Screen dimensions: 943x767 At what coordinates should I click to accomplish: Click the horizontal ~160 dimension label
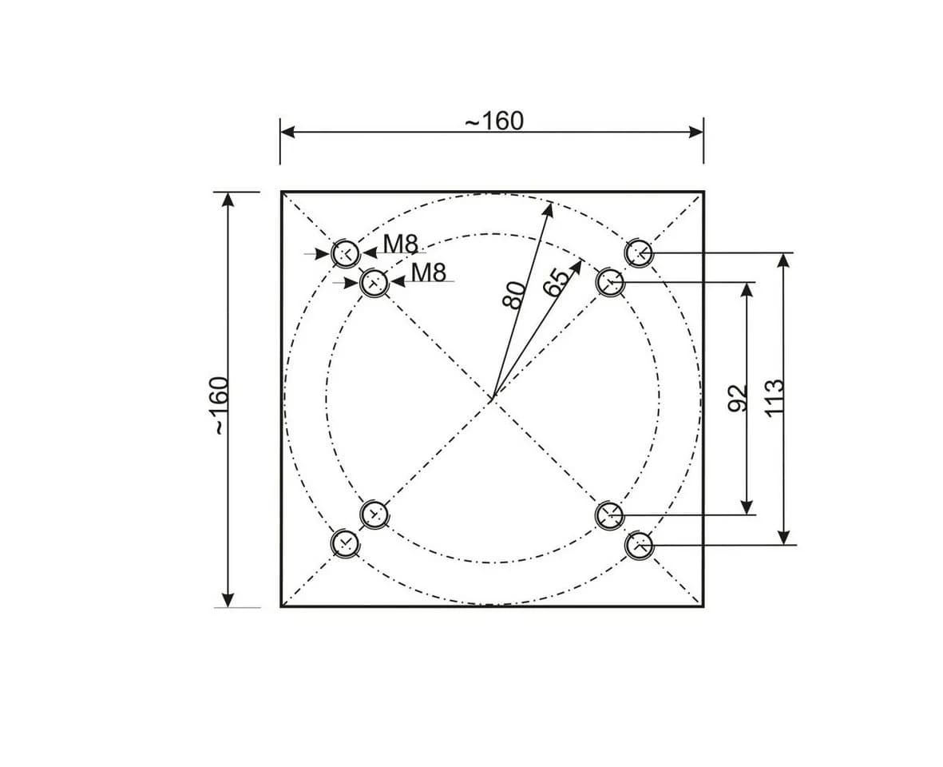coord(494,121)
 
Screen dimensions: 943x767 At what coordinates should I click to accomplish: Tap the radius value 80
coord(514,295)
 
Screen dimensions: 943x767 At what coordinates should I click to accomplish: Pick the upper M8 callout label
coord(400,244)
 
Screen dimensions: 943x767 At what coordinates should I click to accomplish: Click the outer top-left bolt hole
coord(347,253)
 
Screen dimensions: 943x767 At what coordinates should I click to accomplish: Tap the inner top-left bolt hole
coord(374,281)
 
